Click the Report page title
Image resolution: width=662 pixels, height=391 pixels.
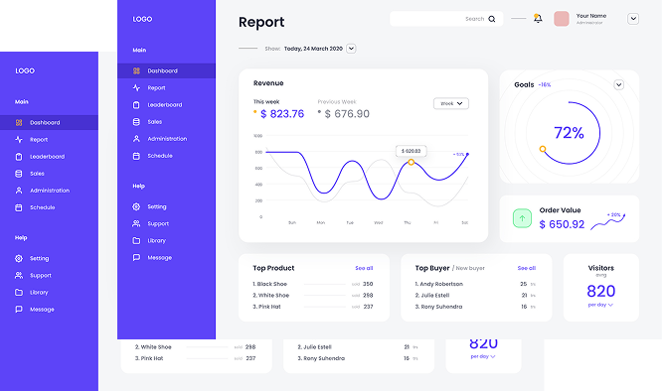(261, 22)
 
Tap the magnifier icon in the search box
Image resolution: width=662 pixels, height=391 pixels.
(491, 19)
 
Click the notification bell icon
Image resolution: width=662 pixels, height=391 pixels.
(538, 19)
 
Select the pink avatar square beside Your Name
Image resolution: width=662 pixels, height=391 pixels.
(562, 19)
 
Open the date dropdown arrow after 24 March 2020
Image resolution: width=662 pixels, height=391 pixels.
(352, 48)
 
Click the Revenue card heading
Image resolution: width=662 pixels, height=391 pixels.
(268, 83)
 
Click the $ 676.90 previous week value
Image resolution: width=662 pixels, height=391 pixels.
(344, 114)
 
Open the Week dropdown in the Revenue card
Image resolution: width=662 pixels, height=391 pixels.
(451, 103)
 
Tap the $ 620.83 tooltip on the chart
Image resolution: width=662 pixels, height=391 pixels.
(411, 151)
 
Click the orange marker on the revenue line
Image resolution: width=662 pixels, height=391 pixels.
(411, 163)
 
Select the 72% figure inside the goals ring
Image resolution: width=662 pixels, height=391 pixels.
(569, 133)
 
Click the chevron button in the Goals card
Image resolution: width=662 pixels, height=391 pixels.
(619, 85)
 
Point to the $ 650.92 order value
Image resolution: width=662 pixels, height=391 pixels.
(562, 224)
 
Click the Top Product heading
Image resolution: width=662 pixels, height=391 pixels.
(273, 268)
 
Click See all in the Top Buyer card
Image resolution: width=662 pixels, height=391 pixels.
(526, 268)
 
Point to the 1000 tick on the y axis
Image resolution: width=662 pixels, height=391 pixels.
(258, 136)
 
